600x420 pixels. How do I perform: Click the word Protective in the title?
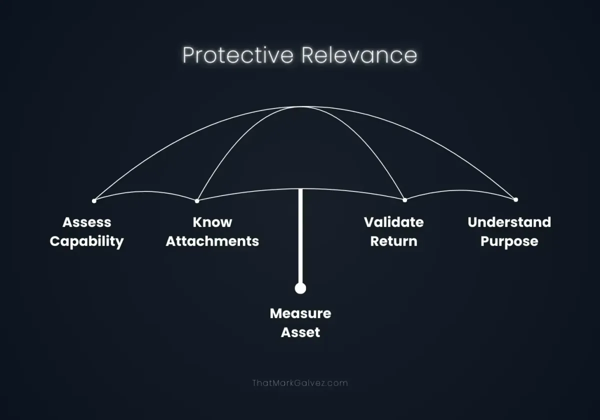(x=237, y=55)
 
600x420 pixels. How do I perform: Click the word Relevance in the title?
(x=358, y=55)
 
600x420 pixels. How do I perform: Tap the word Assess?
(x=86, y=222)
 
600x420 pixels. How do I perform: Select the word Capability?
(x=86, y=241)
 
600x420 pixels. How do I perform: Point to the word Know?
(x=212, y=222)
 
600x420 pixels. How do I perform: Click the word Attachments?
(x=212, y=241)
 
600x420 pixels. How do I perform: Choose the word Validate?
(x=393, y=222)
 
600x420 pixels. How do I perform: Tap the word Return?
(x=393, y=241)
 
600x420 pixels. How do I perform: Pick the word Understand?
(x=509, y=222)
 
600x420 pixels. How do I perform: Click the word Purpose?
(x=509, y=241)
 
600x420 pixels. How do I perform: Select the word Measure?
(x=300, y=313)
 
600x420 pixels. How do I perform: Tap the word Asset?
(x=300, y=332)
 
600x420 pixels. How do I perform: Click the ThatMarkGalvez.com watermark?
(x=300, y=383)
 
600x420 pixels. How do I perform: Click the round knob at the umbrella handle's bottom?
(x=300, y=288)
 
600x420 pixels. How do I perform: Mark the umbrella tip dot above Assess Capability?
(x=94, y=201)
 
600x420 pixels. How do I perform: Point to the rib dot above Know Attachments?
(x=197, y=201)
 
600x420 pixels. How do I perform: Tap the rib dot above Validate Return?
(x=405, y=200)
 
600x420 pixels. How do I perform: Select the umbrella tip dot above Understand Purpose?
(x=515, y=199)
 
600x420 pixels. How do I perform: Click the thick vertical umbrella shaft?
(x=300, y=235)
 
